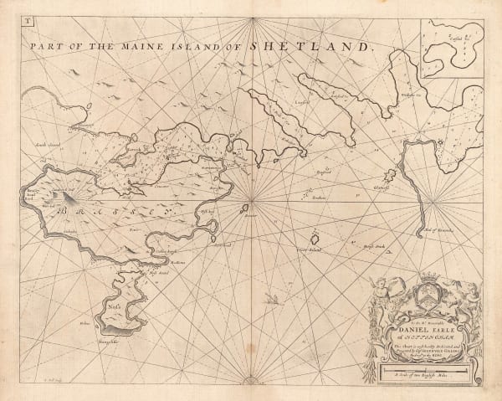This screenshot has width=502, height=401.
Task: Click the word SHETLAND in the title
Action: pyautogui.click(x=318, y=48)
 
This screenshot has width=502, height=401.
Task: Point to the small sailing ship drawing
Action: pyautogui.click(x=270, y=296)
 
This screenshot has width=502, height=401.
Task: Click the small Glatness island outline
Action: pyautogui.click(x=389, y=177)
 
